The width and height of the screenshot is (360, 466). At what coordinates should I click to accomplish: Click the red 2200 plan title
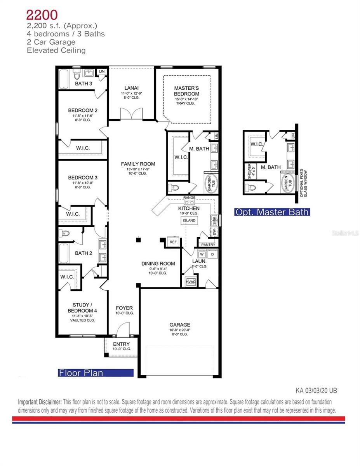[x=42, y=15]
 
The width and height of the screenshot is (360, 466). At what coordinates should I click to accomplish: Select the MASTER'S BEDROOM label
[x=186, y=91]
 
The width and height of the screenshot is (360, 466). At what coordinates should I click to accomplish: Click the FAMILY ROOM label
[x=138, y=164]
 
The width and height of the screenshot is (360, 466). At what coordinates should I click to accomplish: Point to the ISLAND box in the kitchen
[x=189, y=221]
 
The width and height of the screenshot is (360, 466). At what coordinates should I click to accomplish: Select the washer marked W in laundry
[x=202, y=254]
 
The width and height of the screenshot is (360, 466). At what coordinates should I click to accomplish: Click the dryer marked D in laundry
[x=212, y=254]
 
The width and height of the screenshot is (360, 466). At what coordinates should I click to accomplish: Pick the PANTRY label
[x=208, y=245]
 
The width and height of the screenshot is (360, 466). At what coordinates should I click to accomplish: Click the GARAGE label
[x=179, y=325]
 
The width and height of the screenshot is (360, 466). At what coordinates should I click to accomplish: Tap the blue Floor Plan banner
[x=95, y=373]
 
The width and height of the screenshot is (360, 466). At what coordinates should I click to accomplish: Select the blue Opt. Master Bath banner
[x=272, y=212]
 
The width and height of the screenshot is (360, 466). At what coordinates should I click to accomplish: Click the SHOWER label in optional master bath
[x=249, y=172]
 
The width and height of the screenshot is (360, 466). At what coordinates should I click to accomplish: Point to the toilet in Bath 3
[x=77, y=74]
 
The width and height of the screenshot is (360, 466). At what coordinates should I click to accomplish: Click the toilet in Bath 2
[x=64, y=233]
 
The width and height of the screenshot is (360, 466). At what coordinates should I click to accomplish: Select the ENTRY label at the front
[x=121, y=344]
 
